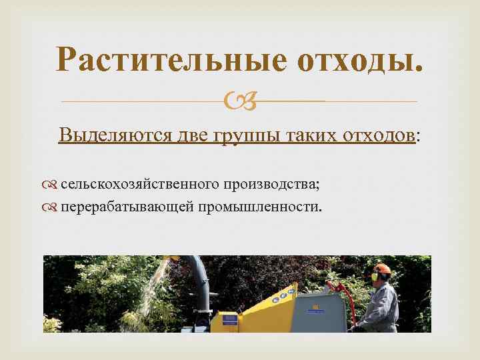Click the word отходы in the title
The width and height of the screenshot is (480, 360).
click(x=359, y=61)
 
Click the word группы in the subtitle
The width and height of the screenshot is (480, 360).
click(x=247, y=136)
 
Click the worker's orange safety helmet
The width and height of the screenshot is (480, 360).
click(x=381, y=268)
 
